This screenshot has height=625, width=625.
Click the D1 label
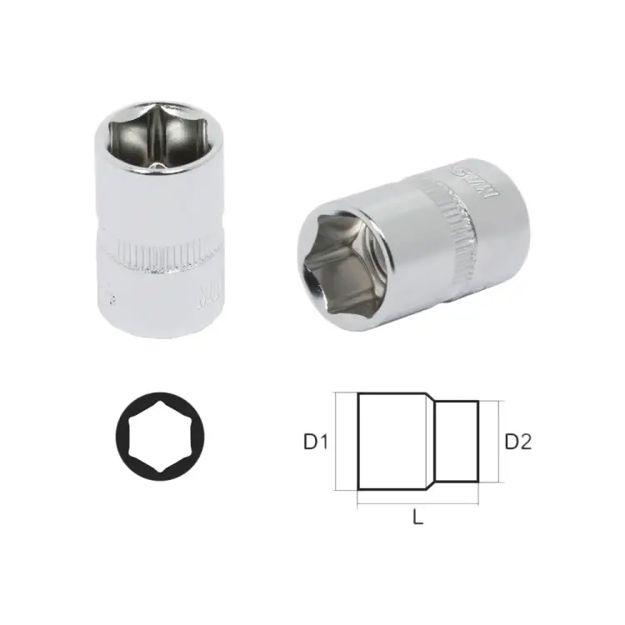314,442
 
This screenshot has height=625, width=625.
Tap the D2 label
517,442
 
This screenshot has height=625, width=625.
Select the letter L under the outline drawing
418,517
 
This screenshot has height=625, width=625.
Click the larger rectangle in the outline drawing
394,442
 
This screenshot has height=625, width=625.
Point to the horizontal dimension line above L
418,503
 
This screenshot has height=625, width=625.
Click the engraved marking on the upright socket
202,296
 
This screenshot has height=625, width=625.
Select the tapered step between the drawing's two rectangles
433,442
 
